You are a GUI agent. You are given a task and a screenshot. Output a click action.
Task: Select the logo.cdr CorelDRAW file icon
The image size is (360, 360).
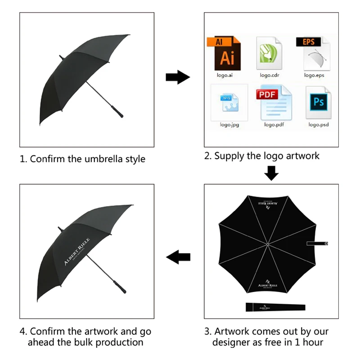pos(268,54)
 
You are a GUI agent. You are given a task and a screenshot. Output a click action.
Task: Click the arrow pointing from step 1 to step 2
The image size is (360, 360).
pos(177,77)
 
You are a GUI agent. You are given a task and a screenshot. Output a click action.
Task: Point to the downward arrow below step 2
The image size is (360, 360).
pos(270,173)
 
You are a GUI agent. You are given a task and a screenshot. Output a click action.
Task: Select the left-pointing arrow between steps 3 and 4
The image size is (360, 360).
pos(178,258)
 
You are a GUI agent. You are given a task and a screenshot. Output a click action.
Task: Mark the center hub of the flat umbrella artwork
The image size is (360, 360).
pos(267,244)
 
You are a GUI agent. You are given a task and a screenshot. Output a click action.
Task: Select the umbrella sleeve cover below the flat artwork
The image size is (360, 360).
pos(275,307)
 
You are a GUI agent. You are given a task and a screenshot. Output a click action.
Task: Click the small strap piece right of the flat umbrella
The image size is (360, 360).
pos(318,243)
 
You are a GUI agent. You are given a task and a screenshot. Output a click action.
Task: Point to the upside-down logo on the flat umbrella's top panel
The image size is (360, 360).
pos(266,203)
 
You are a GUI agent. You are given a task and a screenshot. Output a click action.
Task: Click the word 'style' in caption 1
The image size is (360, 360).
pos(134,159)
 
